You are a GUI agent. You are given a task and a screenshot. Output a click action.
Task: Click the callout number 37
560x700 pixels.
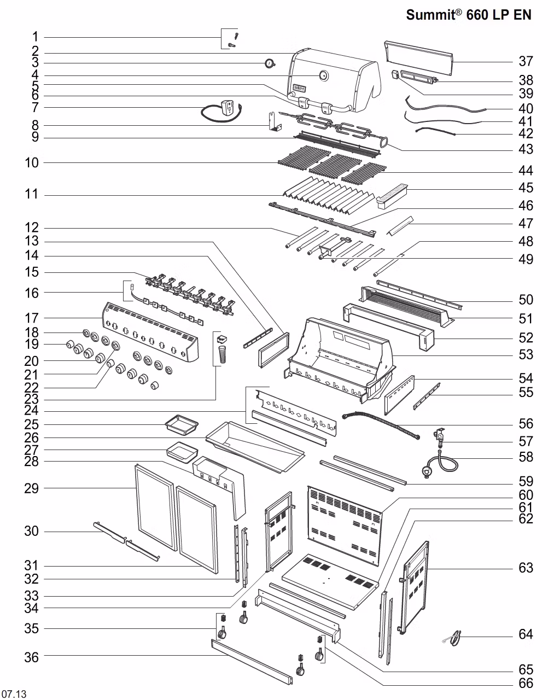pyautogui.click(x=526, y=61)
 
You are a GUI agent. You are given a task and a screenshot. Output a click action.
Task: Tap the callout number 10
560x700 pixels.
pyautogui.click(x=32, y=162)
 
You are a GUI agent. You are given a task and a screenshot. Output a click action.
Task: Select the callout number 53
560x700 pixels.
pyautogui.click(x=526, y=354)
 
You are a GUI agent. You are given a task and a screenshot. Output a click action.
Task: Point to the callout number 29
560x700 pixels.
pyautogui.click(x=32, y=488)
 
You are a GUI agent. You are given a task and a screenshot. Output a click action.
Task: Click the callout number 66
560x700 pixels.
pyautogui.click(x=526, y=683)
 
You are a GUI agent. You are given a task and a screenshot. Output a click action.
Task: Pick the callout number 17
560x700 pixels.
pyautogui.click(x=32, y=318)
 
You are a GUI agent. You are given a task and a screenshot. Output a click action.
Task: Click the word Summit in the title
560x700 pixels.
pyautogui.click(x=430, y=15)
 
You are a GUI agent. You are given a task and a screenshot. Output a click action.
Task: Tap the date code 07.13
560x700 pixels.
pyautogui.click(x=14, y=694)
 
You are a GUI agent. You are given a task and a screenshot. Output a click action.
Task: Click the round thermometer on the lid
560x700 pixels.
pyautogui.click(x=324, y=76)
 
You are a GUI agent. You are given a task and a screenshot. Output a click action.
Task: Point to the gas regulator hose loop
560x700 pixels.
pyautogui.click(x=440, y=464)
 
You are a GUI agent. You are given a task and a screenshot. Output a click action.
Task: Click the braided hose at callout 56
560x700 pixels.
pyautogui.click(x=381, y=424)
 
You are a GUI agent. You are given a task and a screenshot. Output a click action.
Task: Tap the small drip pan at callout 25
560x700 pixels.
pyautogui.click(x=182, y=424)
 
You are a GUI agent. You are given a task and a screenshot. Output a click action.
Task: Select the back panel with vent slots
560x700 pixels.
pyautogui.click(x=345, y=526)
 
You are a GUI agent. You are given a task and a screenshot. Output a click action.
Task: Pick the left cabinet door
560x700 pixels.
pyautogui.click(x=156, y=507)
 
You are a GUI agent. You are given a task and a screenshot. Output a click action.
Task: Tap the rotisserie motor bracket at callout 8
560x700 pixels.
pyautogui.click(x=275, y=121)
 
